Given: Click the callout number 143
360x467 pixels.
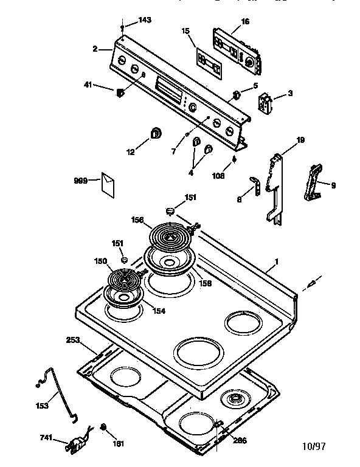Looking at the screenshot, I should click(x=144, y=20).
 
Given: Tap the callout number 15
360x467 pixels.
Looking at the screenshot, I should click(x=185, y=31).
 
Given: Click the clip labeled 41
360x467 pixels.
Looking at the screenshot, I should click(x=120, y=92).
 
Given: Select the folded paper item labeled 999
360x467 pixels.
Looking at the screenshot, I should click(x=109, y=184).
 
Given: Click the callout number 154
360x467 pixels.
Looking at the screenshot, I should click(x=159, y=311).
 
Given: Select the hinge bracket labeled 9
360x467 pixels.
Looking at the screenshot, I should click(x=314, y=182).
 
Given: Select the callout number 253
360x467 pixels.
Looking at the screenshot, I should click(x=73, y=341).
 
